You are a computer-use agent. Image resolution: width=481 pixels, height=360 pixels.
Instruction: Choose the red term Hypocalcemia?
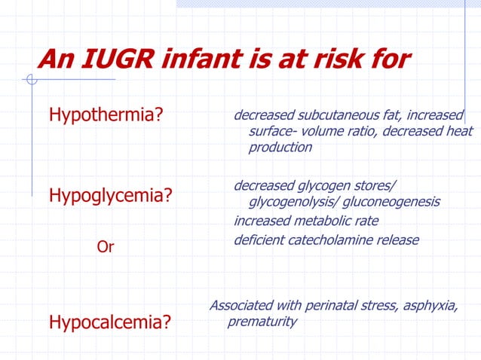pos(109,323)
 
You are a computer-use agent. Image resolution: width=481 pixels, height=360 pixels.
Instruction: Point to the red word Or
pos(106,246)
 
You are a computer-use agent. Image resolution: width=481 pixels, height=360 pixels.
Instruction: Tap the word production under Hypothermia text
pos(280,148)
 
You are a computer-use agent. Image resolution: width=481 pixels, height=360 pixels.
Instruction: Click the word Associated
pos(240,305)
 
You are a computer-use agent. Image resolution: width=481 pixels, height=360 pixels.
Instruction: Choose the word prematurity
pos(262,322)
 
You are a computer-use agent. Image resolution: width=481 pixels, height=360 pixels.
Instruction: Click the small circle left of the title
pos(31,80)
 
